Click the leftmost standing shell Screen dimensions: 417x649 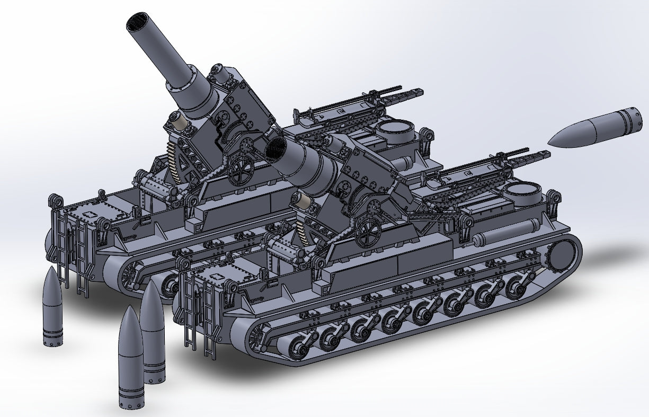52,307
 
